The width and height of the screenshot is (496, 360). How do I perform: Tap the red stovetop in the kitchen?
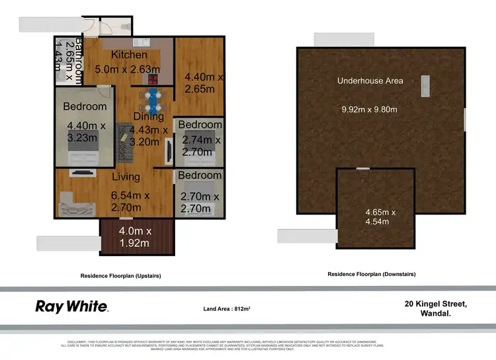click(x=153, y=79)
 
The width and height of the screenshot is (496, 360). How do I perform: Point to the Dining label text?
click(x=148, y=116)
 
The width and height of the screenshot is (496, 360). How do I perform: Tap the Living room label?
click(x=126, y=177)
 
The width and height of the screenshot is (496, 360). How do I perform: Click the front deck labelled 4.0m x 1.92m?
click(x=136, y=237)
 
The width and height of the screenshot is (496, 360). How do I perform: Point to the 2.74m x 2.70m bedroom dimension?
click(x=200, y=146)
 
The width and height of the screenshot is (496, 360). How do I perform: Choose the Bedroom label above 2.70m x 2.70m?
click(x=200, y=175)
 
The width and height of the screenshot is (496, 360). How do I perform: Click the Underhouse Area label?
click(x=370, y=81)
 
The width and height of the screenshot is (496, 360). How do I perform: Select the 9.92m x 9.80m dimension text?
click(x=369, y=109)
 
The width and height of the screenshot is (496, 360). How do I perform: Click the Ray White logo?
click(x=71, y=306)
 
